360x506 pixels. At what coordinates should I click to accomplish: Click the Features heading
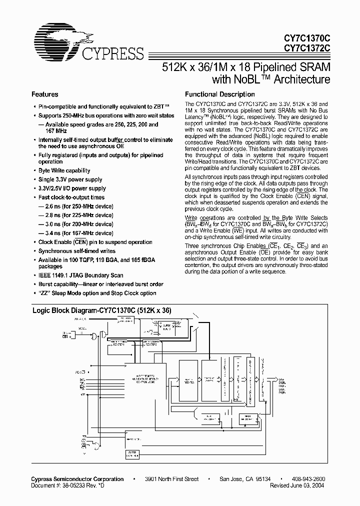45,94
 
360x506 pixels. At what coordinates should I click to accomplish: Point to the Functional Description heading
220,94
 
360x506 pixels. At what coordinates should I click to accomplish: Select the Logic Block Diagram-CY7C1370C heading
102,310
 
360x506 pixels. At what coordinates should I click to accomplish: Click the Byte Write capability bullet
64,170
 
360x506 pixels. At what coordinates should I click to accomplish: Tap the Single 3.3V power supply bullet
70,179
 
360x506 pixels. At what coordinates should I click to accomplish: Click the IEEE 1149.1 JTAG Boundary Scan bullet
80,275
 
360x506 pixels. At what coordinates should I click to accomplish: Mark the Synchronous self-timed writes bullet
76,251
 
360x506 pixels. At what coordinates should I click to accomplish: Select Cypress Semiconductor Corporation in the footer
78,479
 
